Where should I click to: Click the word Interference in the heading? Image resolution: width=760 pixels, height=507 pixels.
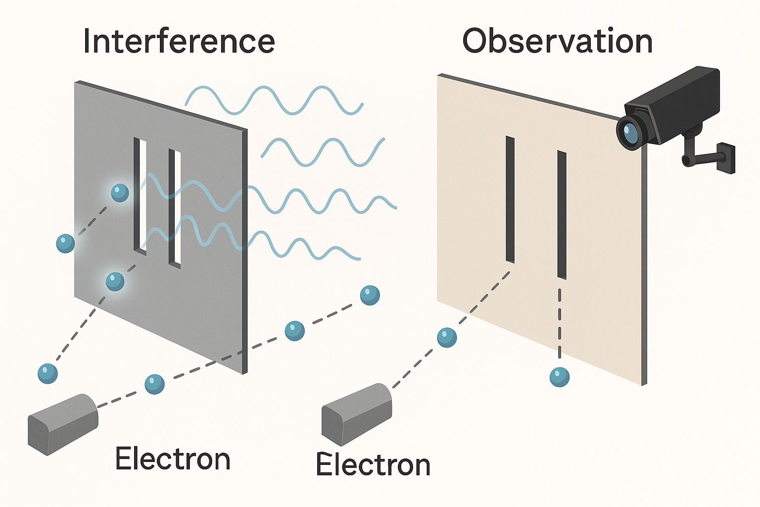[179, 41]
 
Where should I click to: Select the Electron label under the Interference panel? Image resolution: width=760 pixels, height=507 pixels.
[173, 459]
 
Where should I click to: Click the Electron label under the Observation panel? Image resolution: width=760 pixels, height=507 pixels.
[373, 465]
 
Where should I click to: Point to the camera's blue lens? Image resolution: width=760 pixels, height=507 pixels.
[629, 132]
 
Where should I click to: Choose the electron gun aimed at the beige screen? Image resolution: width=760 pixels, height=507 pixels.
[356, 414]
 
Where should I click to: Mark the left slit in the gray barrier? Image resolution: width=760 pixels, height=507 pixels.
[141, 196]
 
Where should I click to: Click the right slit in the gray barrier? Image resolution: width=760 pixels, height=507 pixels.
[175, 208]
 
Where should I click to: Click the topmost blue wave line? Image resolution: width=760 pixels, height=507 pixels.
[275, 101]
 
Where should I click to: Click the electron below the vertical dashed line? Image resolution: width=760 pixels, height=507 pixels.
[560, 377]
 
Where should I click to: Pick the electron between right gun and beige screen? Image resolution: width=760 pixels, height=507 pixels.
[447, 337]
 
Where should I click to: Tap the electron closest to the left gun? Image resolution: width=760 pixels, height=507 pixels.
[154, 384]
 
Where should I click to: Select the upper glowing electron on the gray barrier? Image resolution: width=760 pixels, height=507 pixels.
[120, 193]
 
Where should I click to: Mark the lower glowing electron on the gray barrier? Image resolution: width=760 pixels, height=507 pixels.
[115, 282]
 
